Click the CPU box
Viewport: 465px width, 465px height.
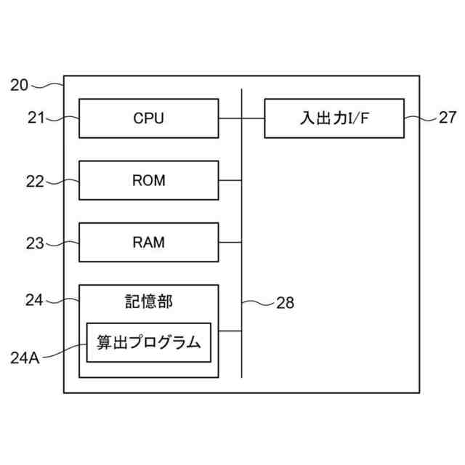(x=148, y=118)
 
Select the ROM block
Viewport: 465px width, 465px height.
(x=148, y=180)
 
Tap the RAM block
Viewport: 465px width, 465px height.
(x=148, y=243)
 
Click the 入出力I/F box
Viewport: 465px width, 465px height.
(x=334, y=118)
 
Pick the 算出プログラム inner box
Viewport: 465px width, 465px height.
(x=148, y=342)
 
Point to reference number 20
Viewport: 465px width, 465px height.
(x=20, y=85)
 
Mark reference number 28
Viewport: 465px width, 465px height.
(x=286, y=303)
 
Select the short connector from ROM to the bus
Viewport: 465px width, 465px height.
(x=230, y=180)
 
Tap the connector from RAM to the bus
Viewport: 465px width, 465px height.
(x=230, y=243)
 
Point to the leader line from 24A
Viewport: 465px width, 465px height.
(x=65, y=348)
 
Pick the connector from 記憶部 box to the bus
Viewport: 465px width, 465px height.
(x=230, y=331)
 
